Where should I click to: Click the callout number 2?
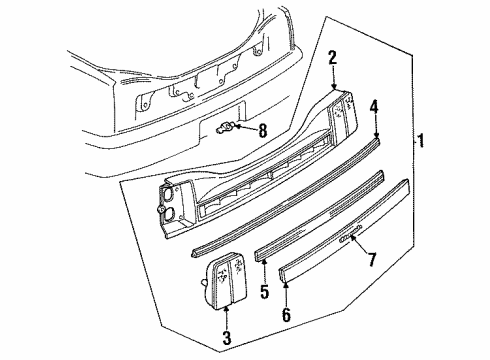tap(332, 59)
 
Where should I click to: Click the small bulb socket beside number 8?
tap(228, 127)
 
